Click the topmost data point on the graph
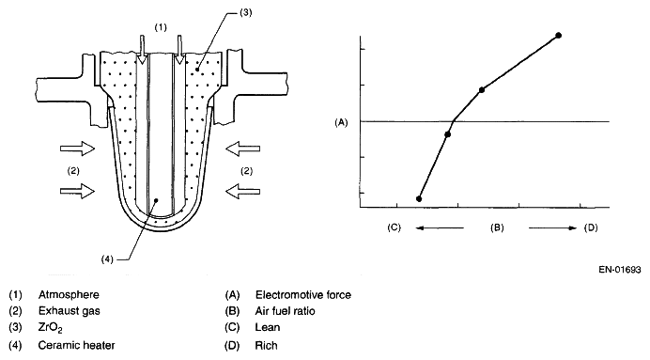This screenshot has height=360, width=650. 558,36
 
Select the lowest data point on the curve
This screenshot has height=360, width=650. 419,198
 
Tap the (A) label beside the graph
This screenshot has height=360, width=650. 341,122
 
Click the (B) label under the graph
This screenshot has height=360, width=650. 497,227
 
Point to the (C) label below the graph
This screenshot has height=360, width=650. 395,227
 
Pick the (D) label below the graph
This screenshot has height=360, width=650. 591,227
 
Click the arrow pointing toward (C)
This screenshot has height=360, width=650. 440,227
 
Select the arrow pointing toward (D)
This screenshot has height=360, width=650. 552,227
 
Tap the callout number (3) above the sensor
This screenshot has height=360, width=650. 245,12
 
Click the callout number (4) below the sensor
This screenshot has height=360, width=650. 107,259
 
